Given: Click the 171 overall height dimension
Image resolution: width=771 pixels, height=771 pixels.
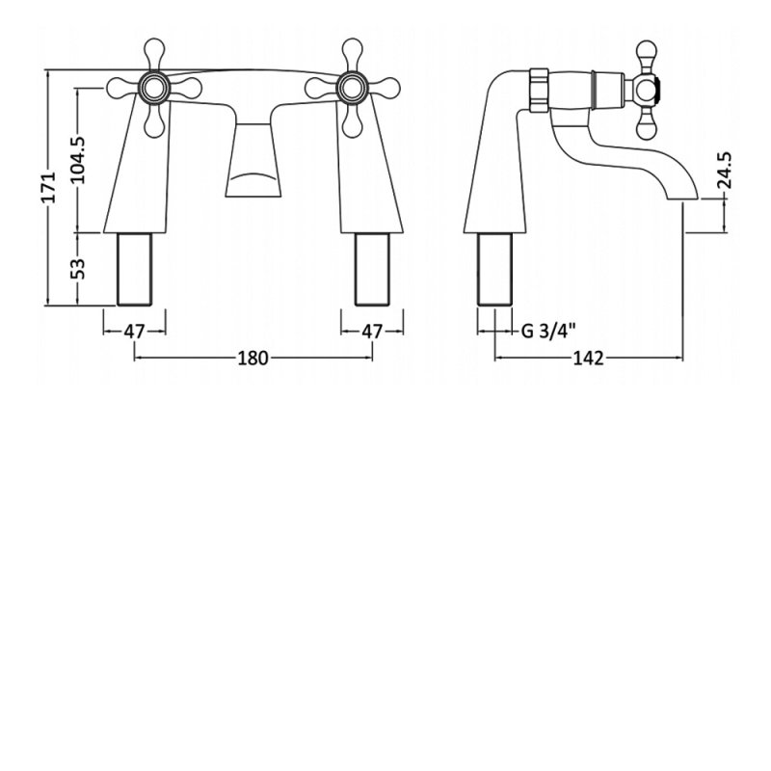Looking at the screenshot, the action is tap(49, 187).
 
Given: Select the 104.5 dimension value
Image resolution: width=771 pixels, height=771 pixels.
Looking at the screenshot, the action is tap(78, 160).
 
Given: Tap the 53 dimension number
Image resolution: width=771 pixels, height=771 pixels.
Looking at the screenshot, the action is tap(78, 269).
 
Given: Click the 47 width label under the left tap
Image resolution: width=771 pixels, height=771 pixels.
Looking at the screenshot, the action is tap(134, 332).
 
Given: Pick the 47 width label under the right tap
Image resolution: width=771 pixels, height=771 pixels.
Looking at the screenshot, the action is tap(372, 332).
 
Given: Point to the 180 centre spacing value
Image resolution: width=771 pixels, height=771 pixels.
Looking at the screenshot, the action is tap(253, 358).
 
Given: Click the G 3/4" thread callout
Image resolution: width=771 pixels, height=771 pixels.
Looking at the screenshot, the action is tap(548, 331).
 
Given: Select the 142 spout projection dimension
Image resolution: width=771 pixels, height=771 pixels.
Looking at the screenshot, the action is tap(589, 359).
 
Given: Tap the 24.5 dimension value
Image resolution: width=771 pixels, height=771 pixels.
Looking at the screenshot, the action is tap(725, 171).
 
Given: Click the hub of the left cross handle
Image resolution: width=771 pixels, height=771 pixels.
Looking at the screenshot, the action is tap(154, 88).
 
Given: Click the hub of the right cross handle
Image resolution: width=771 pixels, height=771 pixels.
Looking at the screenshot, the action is tap(352, 88).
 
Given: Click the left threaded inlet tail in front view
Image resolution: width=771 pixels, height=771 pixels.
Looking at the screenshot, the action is tap(134, 270).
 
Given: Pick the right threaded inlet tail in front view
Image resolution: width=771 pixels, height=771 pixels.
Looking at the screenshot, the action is tap(372, 270).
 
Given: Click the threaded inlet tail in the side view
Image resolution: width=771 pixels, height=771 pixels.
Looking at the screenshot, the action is tap(494, 270).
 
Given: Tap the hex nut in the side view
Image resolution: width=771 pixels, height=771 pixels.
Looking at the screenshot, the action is tap(539, 89).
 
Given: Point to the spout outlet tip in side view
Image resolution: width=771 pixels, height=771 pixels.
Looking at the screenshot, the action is tap(682, 196).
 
